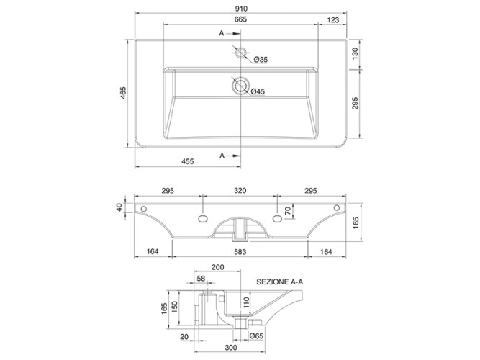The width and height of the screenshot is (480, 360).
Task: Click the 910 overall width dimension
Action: coord(241,9)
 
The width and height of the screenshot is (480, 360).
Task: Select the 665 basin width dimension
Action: coord(240,19)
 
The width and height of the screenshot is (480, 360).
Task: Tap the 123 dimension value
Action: coord(333,20)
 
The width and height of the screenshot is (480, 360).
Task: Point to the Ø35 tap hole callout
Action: coord(261,60)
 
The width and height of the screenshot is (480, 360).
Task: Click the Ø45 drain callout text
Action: coord(258,91)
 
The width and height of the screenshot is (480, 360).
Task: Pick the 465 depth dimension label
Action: coord(123,93)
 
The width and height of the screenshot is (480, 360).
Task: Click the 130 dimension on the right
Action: coord(355,53)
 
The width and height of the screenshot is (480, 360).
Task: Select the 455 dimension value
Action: coord(188,161)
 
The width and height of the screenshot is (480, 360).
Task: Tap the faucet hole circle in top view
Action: coord(240,53)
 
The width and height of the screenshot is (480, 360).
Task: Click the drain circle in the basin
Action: coord(240,86)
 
